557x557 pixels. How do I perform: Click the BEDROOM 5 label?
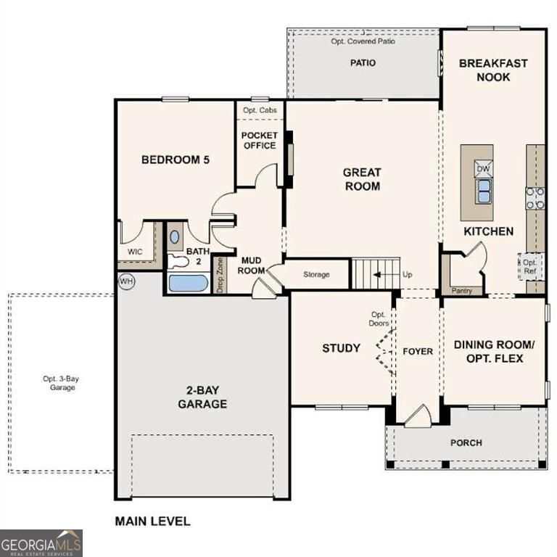[x=175, y=160]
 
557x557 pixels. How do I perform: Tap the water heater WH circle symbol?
[x=126, y=281]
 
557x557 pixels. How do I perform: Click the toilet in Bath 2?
[x=178, y=261]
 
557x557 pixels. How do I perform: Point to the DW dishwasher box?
[x=483, y=169]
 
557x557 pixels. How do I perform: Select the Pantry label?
[x=461, y=291]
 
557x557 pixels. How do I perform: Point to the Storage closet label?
[x=316, y=275]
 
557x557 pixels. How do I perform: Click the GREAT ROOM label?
[x=362, y=179]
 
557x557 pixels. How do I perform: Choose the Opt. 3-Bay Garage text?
[x=59, y=383]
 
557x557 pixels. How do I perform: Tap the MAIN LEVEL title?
[x=152, y=521]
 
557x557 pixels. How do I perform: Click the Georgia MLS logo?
[x=41, y=542]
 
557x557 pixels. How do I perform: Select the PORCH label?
[x=466, y=442]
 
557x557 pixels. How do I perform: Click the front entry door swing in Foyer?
[x=418, y=417]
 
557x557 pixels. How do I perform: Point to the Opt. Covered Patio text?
[x=363, y=41]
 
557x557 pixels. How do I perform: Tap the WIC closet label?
[x=135, y=252]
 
